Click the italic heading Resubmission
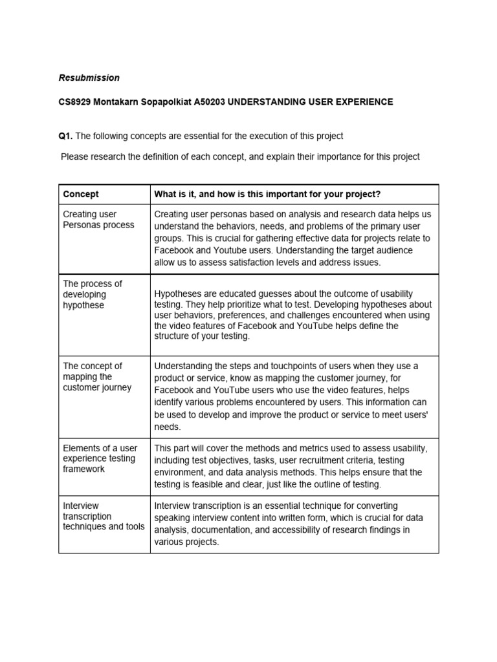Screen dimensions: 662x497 pos(89,78)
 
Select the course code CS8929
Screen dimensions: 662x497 pos(76,102)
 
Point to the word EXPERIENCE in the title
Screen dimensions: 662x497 pos(359,102)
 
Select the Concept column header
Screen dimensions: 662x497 pos(81,194)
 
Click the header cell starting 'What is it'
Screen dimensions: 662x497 pos(267,194)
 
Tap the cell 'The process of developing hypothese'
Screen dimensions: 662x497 pos(93,294)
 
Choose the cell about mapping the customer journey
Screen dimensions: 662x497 pos(97,377)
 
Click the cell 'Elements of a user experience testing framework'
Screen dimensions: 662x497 pos(100,458)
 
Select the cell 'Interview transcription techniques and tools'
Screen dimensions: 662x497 pos(104,516)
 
